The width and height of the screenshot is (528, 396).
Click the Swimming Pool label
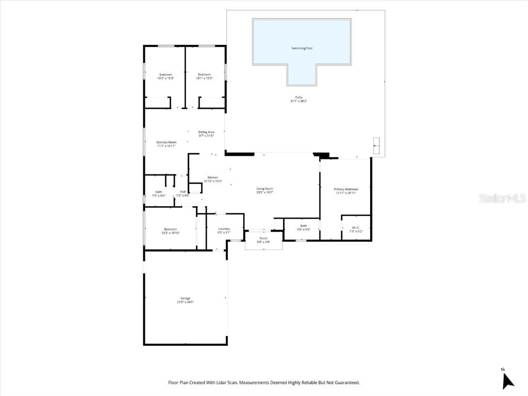(x=302, y=48)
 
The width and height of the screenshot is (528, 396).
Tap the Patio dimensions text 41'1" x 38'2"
(x=299, y=101)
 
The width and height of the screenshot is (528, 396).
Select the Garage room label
(x=185, y=298)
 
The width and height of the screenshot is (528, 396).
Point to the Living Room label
(x=265, y=189)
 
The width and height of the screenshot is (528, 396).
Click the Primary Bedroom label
(x=345, y=189)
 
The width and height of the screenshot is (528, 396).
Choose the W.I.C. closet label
(x=356, y=227)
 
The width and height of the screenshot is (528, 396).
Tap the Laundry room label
(x=224, y=228)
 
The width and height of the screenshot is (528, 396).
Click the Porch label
(x=263, y=238)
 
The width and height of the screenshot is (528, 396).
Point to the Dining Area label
(x=206, y=132)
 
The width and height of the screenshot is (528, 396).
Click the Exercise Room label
(x=167, y=142)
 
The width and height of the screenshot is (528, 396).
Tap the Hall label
(x=183, y=192)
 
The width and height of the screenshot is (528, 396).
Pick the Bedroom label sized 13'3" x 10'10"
(x=171, y=229)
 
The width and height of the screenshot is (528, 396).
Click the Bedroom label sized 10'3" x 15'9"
(x=166, y=74)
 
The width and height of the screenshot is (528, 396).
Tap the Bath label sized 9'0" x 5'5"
(x=304, y=225)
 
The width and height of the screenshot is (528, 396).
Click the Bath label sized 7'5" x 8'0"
(x=159, y=192)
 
